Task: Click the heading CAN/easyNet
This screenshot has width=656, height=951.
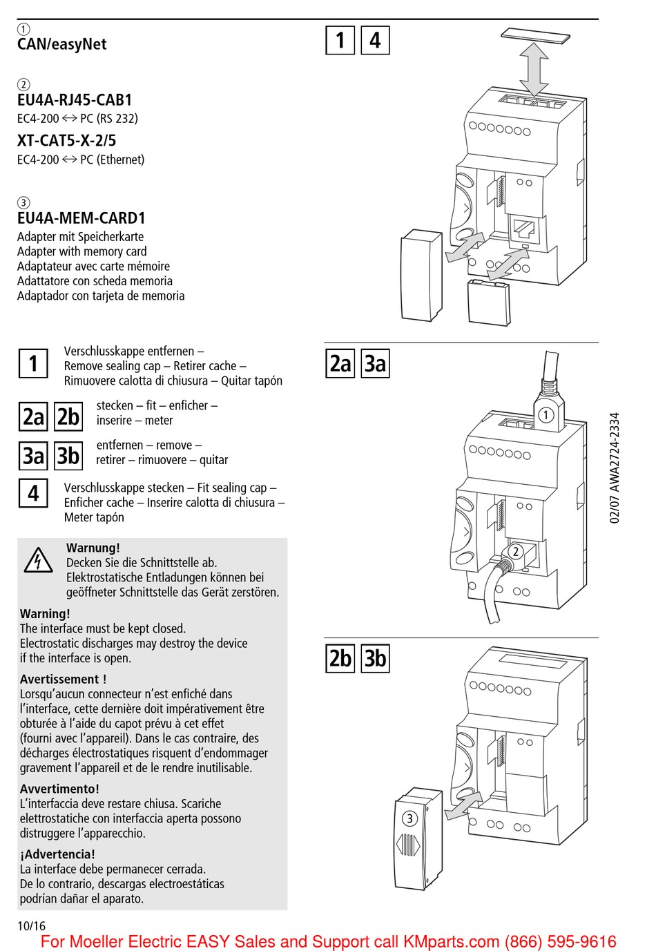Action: pos(61,44)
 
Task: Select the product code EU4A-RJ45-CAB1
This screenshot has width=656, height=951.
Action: pos(75,100)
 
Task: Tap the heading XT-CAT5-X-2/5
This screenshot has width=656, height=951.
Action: pos(66,141)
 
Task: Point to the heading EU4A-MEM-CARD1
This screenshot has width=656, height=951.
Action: pos(81,218)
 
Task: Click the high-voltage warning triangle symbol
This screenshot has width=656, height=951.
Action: pos(38,560)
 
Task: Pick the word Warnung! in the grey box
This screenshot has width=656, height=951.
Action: pos(93,548)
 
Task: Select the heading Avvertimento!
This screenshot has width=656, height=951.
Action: pos(59,789)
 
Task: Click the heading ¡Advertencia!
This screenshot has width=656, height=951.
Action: pos(57,854)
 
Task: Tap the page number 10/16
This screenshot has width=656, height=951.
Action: pos(31,926)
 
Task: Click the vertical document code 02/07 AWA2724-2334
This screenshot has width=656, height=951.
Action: pos(615,468)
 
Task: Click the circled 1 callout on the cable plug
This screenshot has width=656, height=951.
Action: pos(546,415)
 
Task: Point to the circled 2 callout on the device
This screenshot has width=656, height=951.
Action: pos(515,551)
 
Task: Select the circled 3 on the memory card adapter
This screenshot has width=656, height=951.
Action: pos(409,818)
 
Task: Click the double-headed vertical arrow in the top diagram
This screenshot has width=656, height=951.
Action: pos(534,69)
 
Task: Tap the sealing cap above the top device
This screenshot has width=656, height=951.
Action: pos(536,35)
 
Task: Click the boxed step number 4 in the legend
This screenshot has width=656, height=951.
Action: pos(33,494)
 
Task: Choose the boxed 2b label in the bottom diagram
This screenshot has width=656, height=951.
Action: pos(340,658)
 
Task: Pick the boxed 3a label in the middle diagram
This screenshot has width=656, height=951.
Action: pos(375,363)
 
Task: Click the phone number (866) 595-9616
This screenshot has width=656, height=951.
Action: pos(560,941)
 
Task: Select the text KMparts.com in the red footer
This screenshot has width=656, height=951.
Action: pos(451,941)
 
